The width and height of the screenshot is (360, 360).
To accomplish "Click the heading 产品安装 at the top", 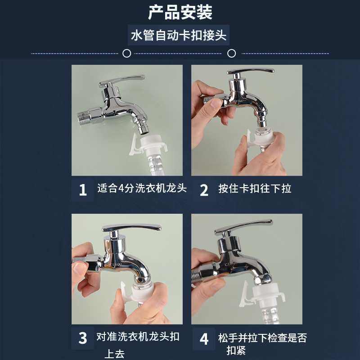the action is pos(180,12).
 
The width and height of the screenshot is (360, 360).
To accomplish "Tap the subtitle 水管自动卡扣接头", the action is pos(179,36).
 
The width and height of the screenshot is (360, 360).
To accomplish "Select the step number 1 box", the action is pos(83,190).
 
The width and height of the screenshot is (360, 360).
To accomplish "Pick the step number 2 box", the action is pos(204,190).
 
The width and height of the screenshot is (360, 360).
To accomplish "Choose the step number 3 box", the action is pos(83,338).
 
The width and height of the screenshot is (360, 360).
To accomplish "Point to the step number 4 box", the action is pos(204,339).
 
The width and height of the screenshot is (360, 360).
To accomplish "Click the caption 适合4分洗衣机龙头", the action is pos(142,188).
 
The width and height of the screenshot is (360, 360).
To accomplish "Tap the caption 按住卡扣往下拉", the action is pos(255,189).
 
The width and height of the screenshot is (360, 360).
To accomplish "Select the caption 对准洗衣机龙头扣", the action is pos(138,337).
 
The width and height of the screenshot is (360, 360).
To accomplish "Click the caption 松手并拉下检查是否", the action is pos(262,338).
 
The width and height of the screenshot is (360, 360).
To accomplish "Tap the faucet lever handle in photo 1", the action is pos(122,80).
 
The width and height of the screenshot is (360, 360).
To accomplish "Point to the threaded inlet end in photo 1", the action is pos(84,117).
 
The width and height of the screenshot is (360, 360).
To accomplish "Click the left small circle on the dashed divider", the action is pos(127,53).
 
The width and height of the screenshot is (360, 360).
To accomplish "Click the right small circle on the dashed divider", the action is pos(231,53).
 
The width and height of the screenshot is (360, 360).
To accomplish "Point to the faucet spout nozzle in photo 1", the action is pos(143,127).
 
